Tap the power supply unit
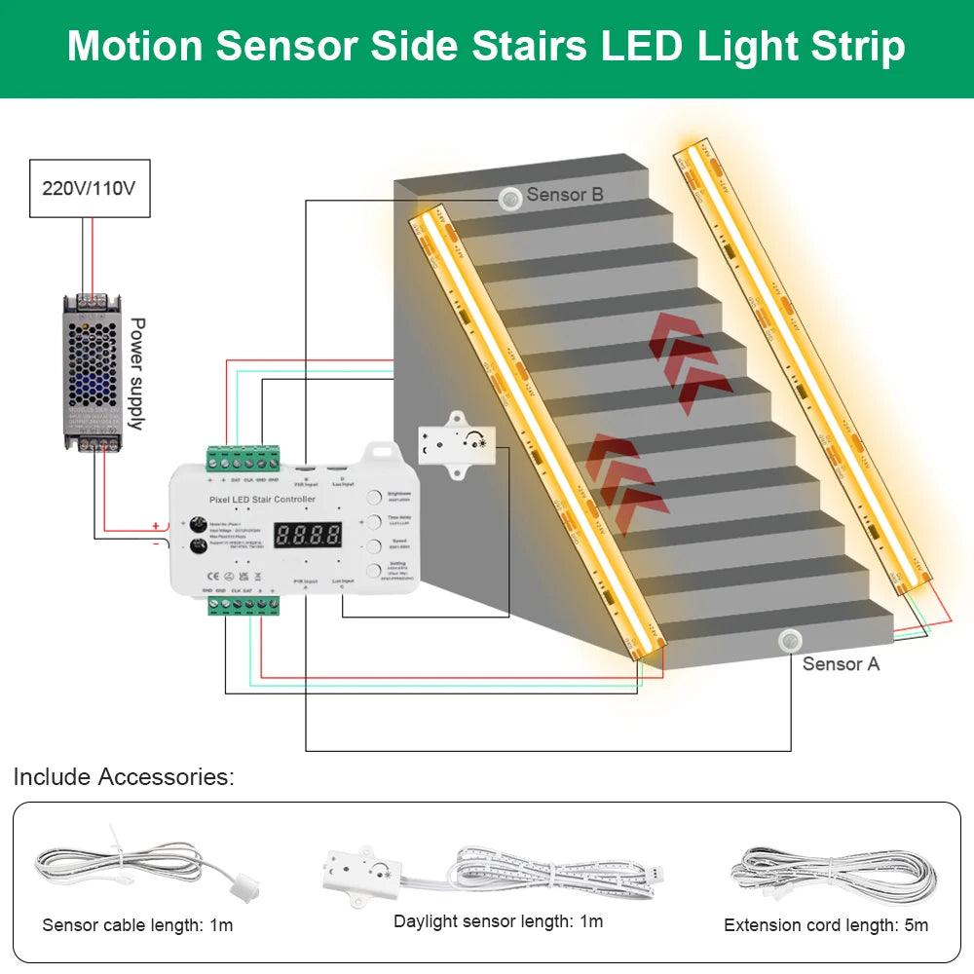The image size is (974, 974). (x=95, y=374)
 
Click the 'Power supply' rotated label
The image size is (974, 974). (x=137, y=373)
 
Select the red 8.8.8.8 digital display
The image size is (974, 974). (x=308, y=535)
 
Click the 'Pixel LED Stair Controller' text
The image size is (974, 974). (x=263, y=500)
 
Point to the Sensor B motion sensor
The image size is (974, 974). (x=509, y=198)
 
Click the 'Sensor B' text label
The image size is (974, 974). (x=565, y=195)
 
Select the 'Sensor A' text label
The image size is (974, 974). (x=841, y=663)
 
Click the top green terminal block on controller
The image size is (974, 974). (x=243, y=456)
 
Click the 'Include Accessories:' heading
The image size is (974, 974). (x=124, y=777)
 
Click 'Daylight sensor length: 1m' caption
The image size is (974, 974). (x=498, y=921)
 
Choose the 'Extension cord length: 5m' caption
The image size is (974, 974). (x=826, y=924)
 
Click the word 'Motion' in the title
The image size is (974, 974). (x=135, y=47)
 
